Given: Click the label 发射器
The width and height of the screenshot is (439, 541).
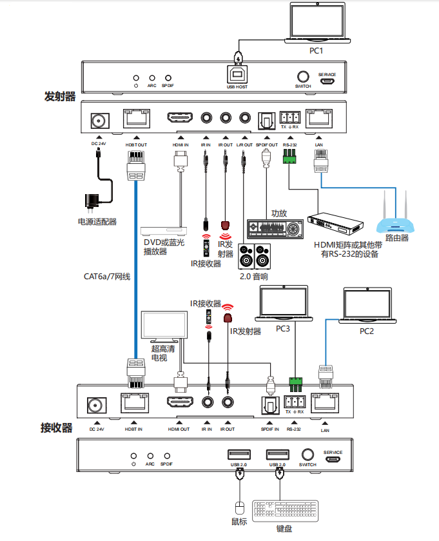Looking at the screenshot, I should pos(59,97).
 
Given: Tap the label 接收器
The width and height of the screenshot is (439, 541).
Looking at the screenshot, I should pos(56,428).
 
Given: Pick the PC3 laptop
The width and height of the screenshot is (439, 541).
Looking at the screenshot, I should pos(284,305).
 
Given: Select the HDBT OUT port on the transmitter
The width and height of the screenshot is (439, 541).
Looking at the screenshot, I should pos(135,119).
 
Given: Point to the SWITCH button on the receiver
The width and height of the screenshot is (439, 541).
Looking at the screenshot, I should pos(308,455).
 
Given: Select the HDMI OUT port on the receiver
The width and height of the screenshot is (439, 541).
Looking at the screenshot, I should pos(179,402).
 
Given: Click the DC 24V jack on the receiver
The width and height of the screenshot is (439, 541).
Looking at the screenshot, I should pos(97,405).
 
